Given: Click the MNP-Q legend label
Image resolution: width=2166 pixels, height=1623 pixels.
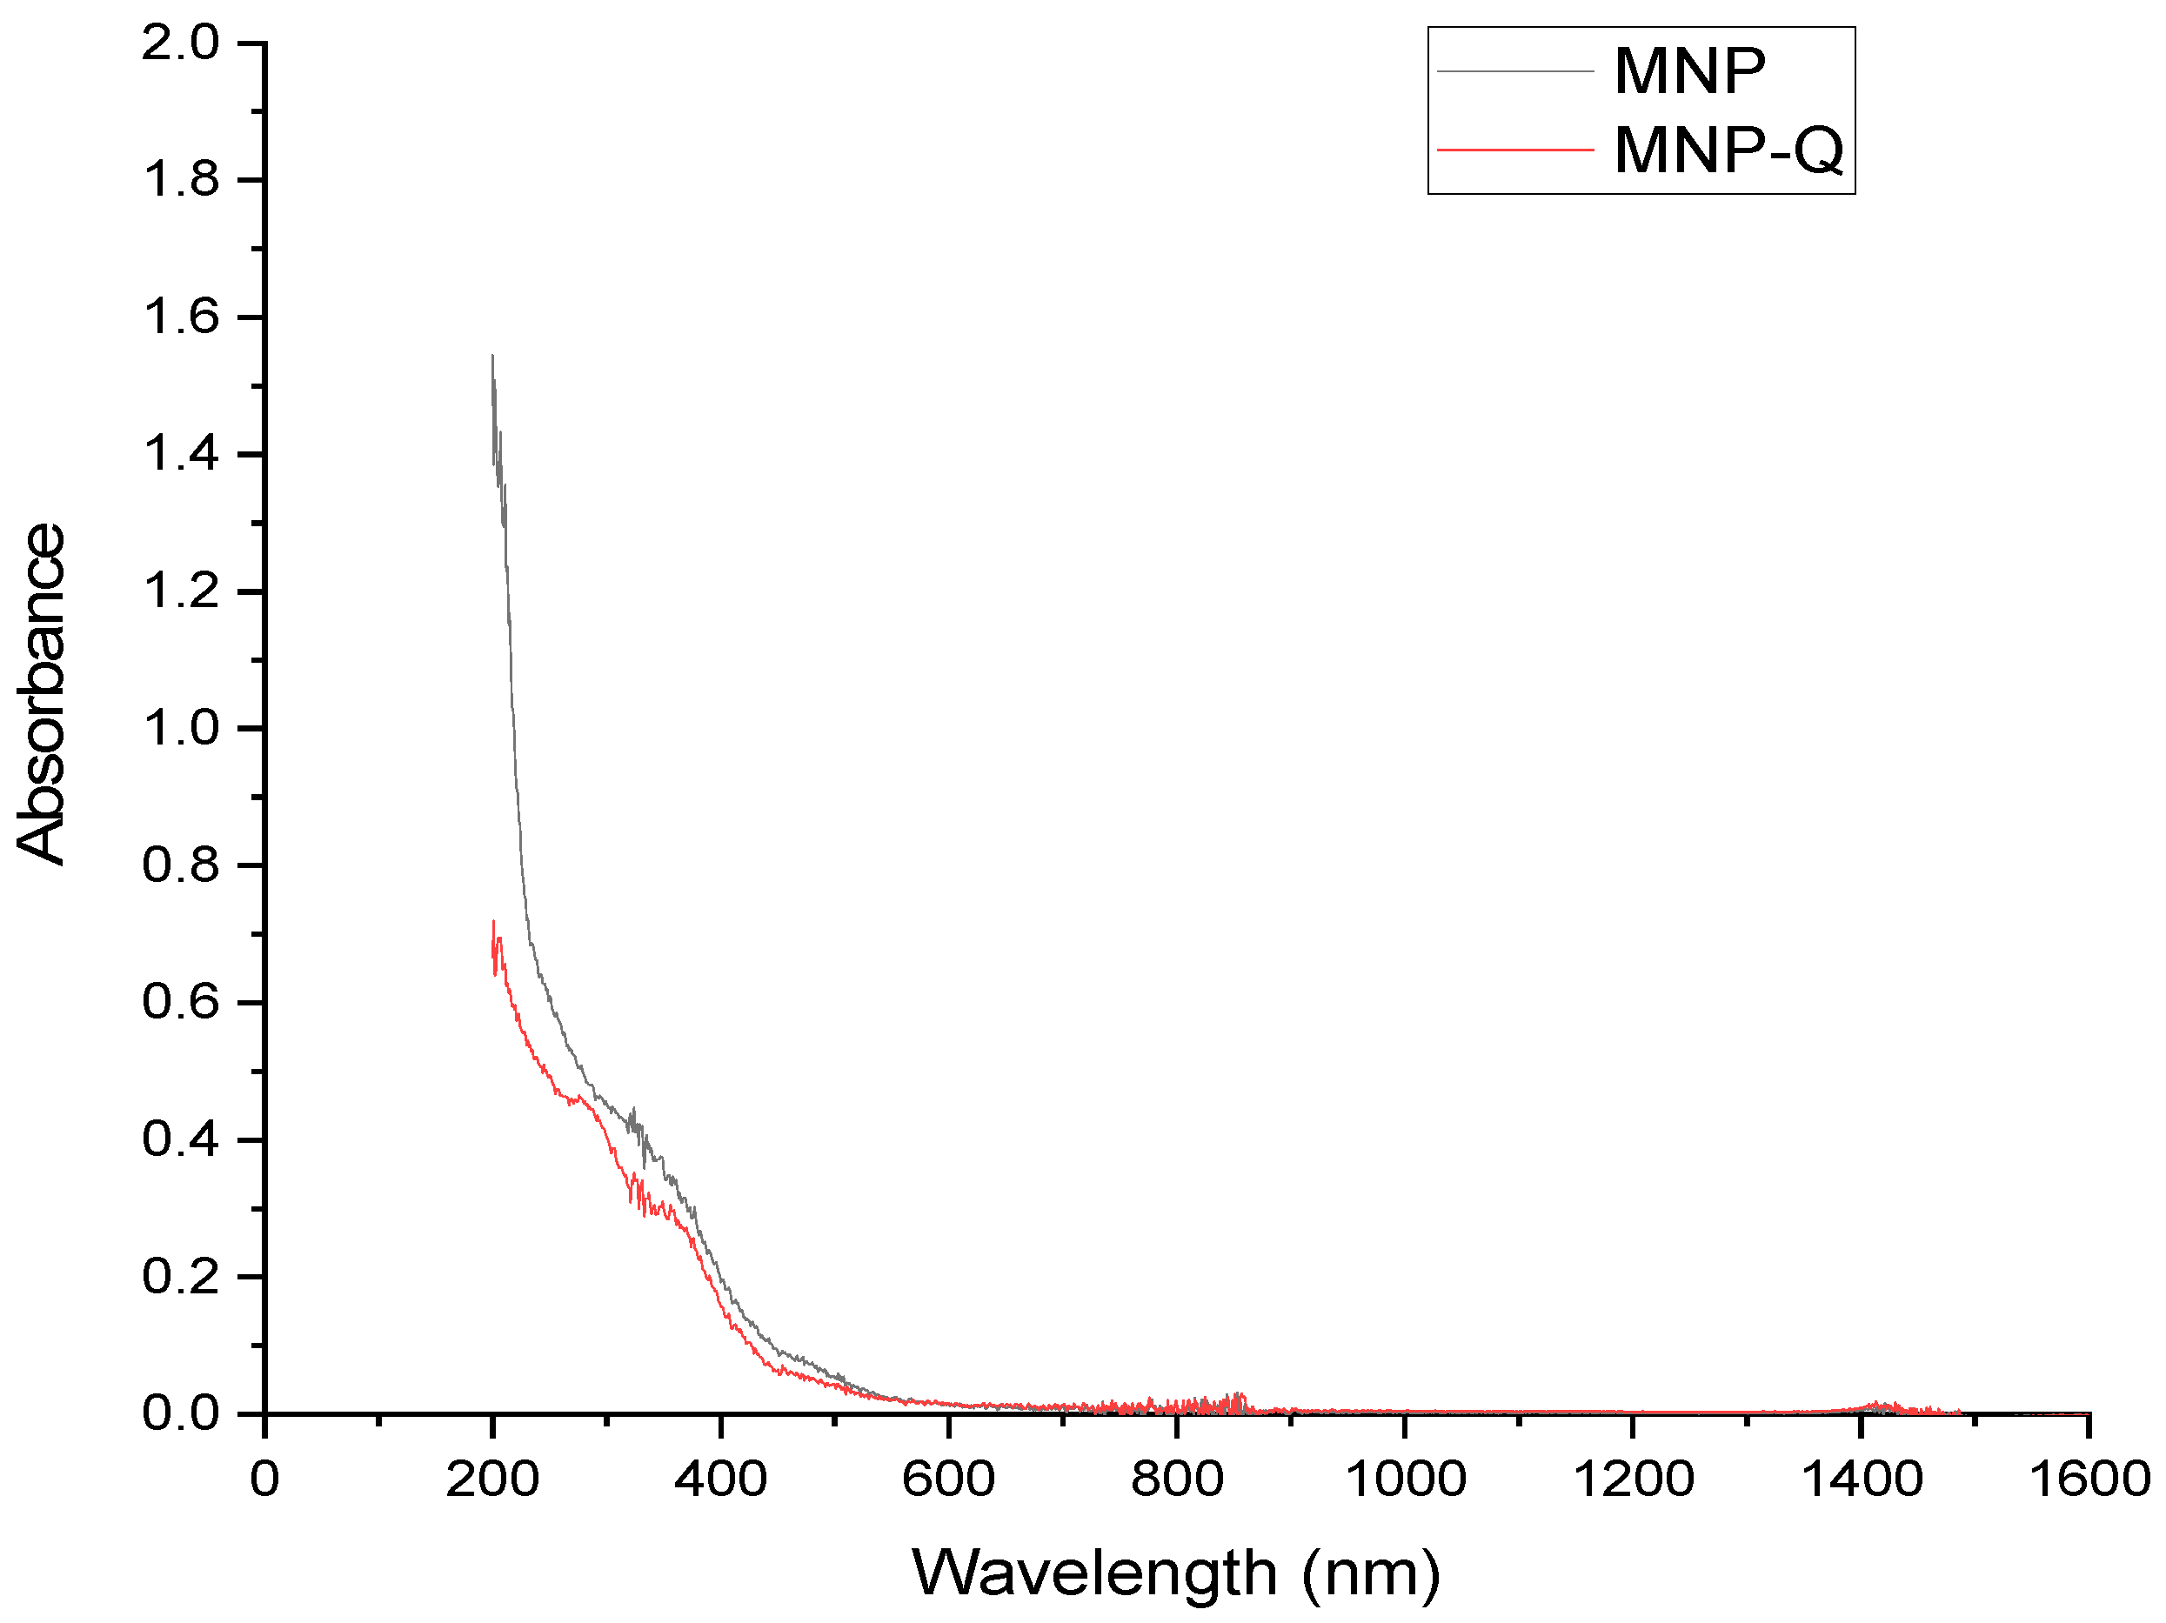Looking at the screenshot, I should (1728, 150).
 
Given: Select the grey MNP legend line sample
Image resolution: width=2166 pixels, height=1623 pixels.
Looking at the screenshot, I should (1514, 71).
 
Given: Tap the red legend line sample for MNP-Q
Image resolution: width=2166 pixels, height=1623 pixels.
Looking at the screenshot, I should (1514, 150).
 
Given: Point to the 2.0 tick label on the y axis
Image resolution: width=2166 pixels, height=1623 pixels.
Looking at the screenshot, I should (181, 43).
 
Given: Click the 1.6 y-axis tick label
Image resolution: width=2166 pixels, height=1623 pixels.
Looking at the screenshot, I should (181, 317).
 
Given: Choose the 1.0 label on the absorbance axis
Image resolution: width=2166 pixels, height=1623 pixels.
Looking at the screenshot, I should (181, 728).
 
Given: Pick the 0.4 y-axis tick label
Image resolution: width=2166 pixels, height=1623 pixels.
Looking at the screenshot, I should (181, 1139).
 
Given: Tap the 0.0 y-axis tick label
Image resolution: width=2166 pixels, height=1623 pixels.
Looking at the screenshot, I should (181, 1413).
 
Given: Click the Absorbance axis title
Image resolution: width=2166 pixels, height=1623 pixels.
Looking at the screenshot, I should (41, 694).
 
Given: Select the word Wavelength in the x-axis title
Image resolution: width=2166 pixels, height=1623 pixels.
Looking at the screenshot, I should (1095, 1572).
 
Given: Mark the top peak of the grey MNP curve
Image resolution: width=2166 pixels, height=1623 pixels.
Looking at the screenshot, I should (492, 357).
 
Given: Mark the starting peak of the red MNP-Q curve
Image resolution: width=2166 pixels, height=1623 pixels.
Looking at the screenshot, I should (493, 922).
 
